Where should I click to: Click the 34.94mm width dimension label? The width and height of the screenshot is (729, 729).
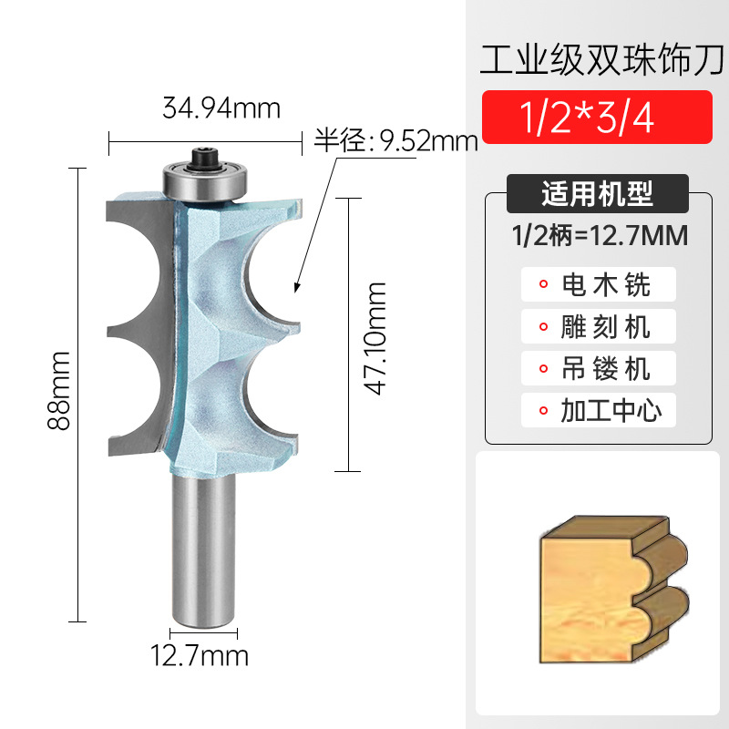coord(221,109)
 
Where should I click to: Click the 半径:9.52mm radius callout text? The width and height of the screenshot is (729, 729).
coord(396,141)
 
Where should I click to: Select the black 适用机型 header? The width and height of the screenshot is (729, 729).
coord(597,194)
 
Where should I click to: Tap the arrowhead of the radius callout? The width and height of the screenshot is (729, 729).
coord(295,290)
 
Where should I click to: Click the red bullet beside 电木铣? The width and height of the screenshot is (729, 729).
coord(544,284)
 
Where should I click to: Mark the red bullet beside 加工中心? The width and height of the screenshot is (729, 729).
coord(544,410)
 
